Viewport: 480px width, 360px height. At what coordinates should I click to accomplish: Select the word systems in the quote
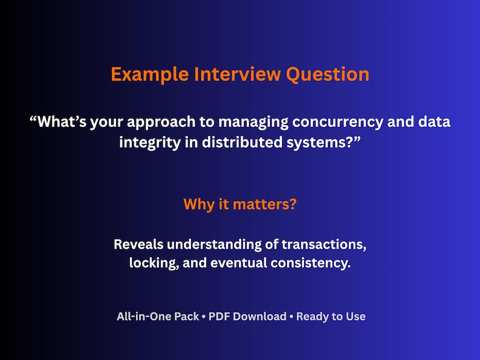(x=323, y=144)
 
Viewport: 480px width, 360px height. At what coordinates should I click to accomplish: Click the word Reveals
(x=138, y=245)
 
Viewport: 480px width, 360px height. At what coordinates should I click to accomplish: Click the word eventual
(x=238, y=263)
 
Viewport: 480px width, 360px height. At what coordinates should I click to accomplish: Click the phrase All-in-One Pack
(x=158, y=317)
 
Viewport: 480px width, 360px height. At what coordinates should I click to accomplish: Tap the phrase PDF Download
(x=247, y=317)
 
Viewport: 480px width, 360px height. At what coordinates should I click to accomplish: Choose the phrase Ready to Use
(x=331, y=317)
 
